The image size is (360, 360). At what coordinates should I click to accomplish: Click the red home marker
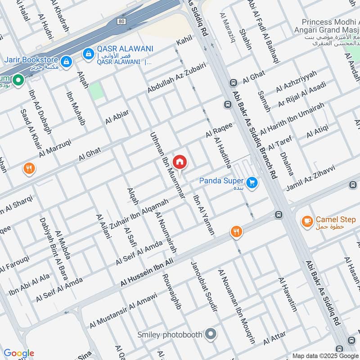(x=180, y=161)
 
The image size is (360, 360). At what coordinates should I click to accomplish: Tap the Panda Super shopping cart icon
(x=252, y=182)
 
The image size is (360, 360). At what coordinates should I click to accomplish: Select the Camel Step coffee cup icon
(x=307, y=221)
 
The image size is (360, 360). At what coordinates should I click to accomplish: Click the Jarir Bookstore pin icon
(x=66, y=62)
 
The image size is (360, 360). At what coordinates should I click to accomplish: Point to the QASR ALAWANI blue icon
(x=88, y=54)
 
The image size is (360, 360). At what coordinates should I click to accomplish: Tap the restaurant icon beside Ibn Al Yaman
(x=236, y=232)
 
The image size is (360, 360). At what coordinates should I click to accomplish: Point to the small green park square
(x=95, y=91)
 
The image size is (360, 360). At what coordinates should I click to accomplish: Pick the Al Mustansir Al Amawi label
(x=123, y=310)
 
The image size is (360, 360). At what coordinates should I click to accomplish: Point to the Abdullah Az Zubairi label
(x=176, y=78)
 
